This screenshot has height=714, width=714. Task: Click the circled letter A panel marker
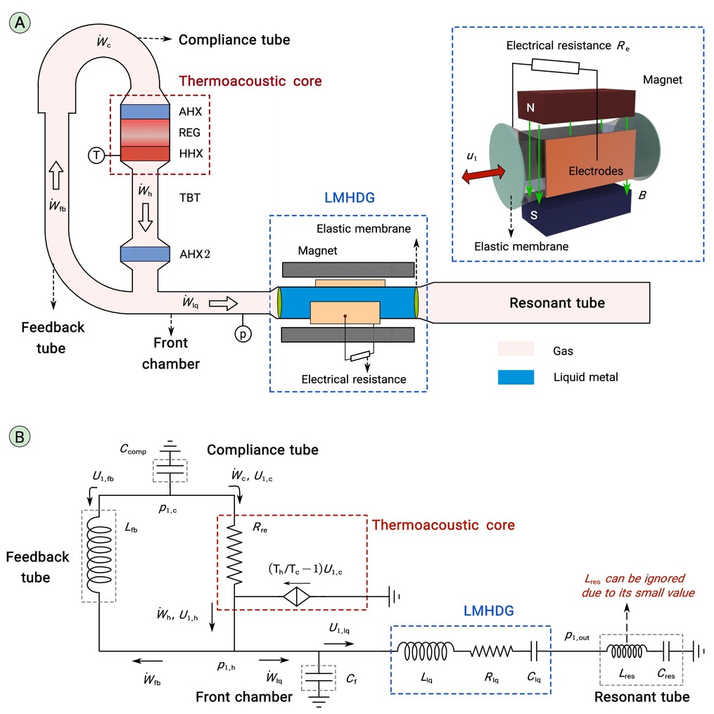[x=20, y=23]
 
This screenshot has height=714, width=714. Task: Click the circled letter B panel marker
[x=20, y=436]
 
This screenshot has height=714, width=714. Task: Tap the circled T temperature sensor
[x=96, y=155]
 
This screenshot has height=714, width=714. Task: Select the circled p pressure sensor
[x=243, y=334]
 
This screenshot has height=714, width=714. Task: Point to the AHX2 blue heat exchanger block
[x=145, y=254]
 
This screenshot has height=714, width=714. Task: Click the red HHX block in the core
[x=145, y=153]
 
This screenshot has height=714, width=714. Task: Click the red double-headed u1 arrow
[x=483, y=174]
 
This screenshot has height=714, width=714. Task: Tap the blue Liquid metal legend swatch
[x=516, y=377]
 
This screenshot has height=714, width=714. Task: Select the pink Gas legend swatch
[x=516, y=348]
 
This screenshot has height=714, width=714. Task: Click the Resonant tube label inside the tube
[x=557, y=302]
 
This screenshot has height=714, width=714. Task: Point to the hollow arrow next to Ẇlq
[x=223, y=303]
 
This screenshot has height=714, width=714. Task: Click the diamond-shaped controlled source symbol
[x=296, y=596]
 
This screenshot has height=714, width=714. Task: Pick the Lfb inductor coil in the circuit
[x=98, y=555]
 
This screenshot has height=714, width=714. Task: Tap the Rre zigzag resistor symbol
[x=234, y=555]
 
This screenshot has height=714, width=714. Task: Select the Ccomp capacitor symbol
[x=170, y=469]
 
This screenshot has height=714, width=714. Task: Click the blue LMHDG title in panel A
[x=349, y=198]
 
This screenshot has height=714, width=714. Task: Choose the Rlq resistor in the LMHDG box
[x=491, y=651]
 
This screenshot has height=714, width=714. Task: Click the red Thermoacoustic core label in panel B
[x=443, y=525]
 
